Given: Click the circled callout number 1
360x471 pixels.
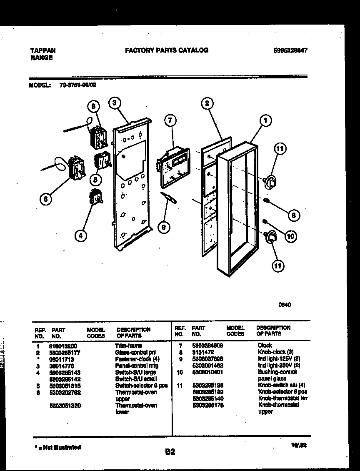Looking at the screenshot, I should click(265, 121).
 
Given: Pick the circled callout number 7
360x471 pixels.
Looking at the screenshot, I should click(170, 121).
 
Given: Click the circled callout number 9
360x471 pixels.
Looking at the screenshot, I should click(164, 227).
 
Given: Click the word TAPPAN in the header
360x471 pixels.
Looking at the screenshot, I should click(43, 50).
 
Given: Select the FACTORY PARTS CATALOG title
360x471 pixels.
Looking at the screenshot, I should click(167, 50).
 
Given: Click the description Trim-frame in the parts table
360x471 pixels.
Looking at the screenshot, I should click(128, 346).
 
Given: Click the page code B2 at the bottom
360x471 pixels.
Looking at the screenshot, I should click(170, 451).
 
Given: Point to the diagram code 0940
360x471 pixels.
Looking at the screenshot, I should click(284, 305).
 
